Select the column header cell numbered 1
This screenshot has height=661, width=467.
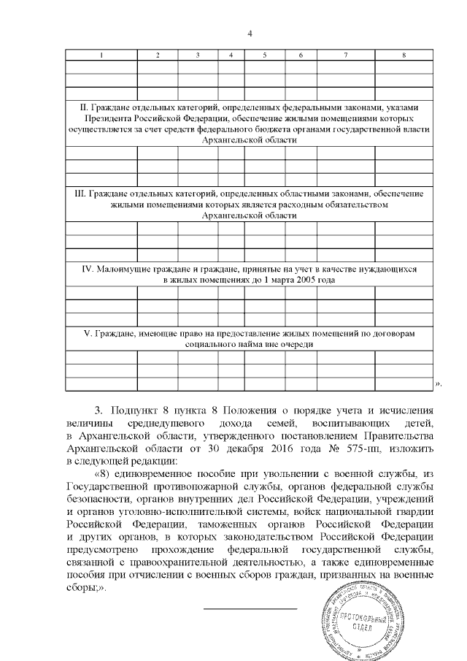click(x=101, y=56)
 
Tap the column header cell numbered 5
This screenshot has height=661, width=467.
click(x=264, y=56)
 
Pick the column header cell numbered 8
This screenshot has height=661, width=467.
click(x=404, y=56)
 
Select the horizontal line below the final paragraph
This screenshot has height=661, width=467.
click(x=250, y=608)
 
